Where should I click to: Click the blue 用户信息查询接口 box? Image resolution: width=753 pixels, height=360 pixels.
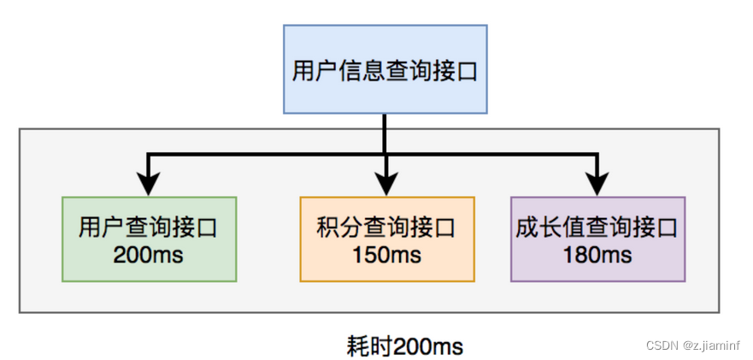click(385, 69)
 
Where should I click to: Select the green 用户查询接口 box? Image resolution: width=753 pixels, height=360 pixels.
click(149, 239)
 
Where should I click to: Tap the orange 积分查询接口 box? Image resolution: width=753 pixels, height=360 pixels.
click(386, 239)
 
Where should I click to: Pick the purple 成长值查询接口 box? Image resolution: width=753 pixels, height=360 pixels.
click(597, 239)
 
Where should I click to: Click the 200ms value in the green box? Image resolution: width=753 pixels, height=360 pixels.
click(148, 255)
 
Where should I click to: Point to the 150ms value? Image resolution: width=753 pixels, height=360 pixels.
click(386, 255)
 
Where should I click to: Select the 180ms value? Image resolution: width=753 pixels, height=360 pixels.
click(597, 255)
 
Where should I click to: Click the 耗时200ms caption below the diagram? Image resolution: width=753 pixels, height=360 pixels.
click(405, 346)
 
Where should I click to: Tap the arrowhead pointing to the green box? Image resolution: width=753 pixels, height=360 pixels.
click(149, 184)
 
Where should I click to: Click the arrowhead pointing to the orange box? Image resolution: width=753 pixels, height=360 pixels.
click(386, 184)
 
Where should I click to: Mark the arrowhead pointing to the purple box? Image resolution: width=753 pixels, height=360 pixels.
click(597, 184)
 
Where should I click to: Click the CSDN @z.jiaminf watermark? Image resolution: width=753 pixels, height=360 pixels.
click(693, 345)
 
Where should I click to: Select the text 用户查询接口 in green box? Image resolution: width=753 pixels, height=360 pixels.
click(148, 228)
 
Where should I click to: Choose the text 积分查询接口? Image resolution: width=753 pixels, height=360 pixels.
click(386, 228)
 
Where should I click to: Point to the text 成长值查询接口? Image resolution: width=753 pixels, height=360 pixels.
click(597, 228)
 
